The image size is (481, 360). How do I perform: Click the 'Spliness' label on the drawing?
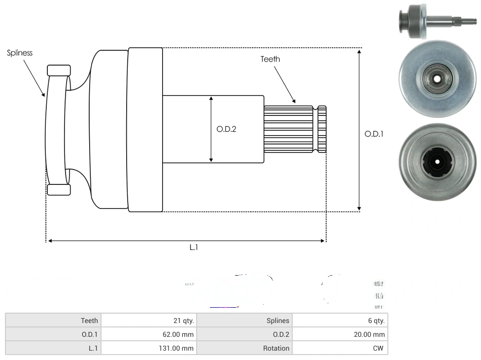[x=20, y=53]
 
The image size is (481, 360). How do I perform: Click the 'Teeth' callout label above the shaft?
[x=270, y=59]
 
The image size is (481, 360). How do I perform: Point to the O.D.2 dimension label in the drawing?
[x=226, y=129]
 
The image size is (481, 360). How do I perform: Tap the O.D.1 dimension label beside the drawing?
[x=374, y=133]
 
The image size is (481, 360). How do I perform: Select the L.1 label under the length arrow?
[x=194, y=248]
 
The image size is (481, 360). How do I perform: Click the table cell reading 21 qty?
[x=148, y=321]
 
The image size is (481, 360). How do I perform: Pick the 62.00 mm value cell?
[x=148, y=334]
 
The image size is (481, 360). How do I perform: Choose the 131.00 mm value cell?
[x=148, y=348]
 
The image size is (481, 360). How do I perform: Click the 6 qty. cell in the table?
[x=340, y=321]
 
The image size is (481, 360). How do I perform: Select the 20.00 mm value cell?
[x=340, y=334]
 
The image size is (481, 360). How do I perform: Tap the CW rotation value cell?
[x=340, y=348]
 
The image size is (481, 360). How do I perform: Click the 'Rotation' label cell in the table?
[x=244, y=348]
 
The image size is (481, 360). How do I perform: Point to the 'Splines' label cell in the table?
[x=244, y=321]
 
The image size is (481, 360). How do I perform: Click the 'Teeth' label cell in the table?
[x=53, y=321]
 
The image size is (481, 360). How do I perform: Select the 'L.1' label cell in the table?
[x=53, y=348]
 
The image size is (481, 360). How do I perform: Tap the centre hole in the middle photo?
[x=437, y=78]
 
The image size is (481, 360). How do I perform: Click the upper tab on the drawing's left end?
[x=59, y=70]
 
